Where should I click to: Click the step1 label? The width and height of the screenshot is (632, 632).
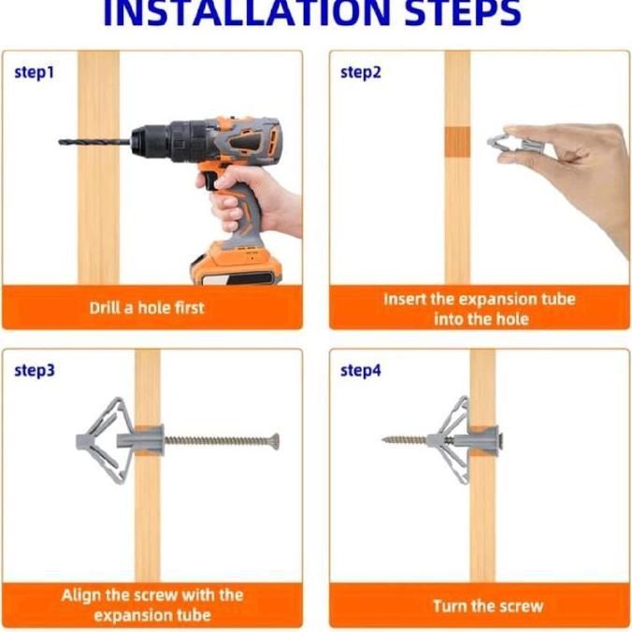click(34, 73)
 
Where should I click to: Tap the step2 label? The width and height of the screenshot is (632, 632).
click(360, 73)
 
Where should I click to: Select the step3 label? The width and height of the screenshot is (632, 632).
click(35, 370)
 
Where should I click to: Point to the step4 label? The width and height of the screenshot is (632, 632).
click(360, 370)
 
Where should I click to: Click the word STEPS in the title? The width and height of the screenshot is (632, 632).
click(463, 13)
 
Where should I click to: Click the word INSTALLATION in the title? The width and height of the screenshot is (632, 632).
click(247, 13)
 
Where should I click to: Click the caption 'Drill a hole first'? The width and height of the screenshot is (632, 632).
click(147, 308)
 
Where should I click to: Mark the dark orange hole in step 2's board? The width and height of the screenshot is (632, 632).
click(457, 142)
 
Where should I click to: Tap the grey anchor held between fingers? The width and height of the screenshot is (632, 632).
click(514, 144)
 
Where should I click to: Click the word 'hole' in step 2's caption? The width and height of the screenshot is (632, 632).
click(512, 319)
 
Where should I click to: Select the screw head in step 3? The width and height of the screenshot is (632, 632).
click(275, 441)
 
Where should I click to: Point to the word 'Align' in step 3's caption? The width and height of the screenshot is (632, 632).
click(80, 596)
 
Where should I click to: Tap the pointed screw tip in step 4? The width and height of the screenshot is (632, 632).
click(384, 439)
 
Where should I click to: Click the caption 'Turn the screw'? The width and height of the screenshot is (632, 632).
click(488, 606)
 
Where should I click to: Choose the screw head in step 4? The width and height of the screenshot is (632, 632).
click(500, 440)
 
